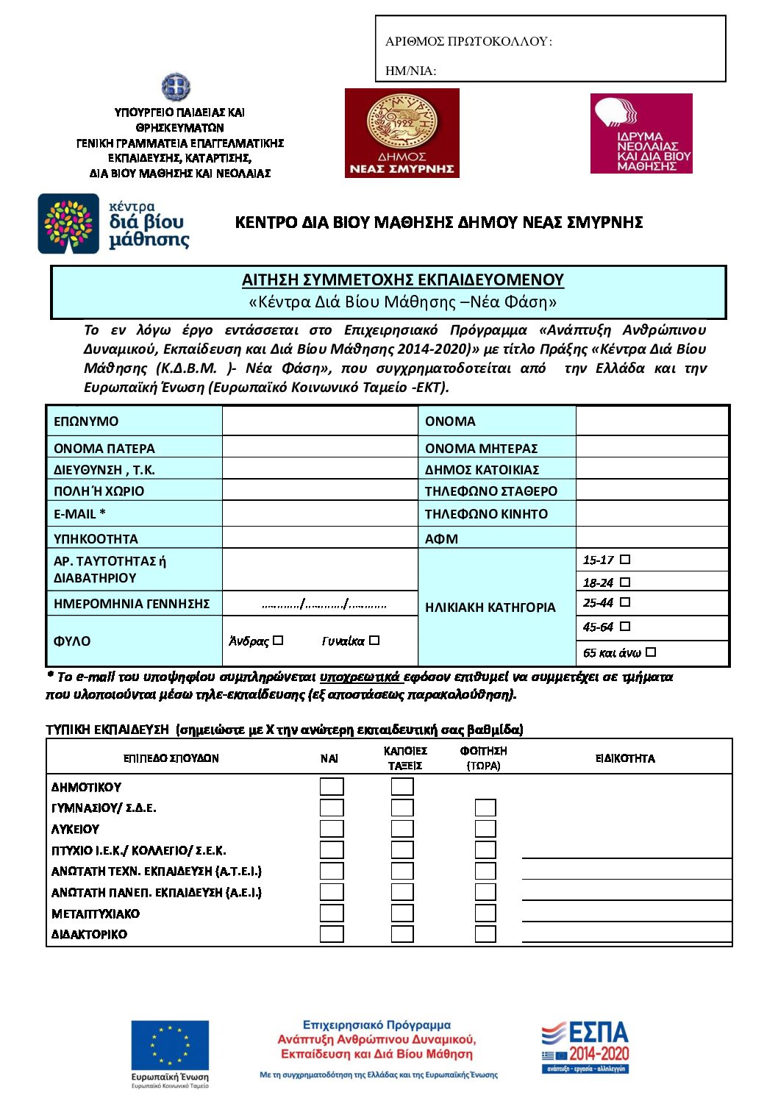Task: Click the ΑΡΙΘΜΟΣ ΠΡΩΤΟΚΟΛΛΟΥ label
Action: (468, 42)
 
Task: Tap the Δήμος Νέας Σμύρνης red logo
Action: (402, 133)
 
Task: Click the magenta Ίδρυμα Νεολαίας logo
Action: (641, 134)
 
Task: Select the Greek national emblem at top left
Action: (176, 88)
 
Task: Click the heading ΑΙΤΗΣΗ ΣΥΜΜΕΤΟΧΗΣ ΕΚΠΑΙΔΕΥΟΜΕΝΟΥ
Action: (402, 280)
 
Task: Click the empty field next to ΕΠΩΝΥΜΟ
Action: (319, 421)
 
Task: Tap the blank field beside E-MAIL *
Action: (319, 514)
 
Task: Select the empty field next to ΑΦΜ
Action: (652, 538)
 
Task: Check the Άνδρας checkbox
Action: (278, 641)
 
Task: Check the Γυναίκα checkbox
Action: (374, 641)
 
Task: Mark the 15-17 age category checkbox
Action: (625, 560)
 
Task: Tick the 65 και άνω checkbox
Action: (651, 652)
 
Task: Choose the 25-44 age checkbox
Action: (625, 602)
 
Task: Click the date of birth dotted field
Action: (324, 605)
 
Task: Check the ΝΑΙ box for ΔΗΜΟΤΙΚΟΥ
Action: (332, 787)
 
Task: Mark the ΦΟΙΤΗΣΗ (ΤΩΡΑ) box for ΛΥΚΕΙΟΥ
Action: (485, 829)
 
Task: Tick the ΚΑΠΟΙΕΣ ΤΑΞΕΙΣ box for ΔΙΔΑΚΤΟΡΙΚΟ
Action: (402, 934)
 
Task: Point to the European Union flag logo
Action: (170, 1043)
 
